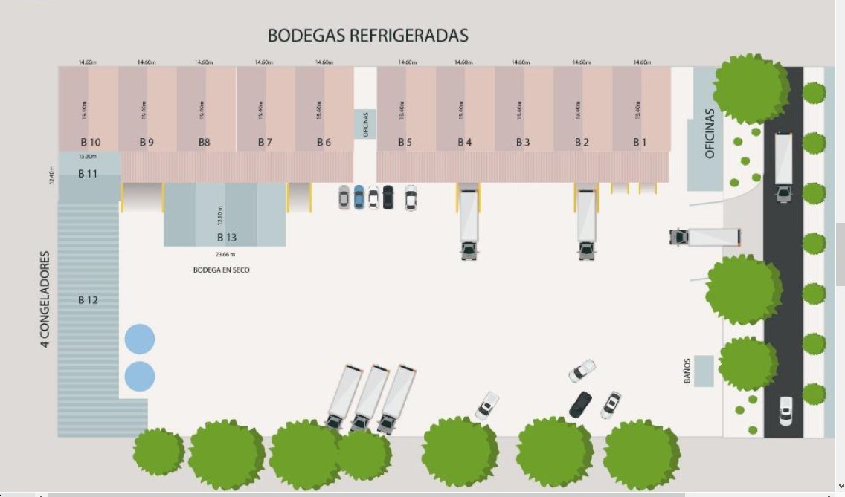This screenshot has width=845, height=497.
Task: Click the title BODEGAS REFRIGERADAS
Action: pyautogui.click(x=367, y=36)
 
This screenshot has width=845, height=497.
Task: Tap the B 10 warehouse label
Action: pyautogui.click(x=90, y=142)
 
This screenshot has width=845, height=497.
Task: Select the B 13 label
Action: pyautogui.click(x=227, y=238)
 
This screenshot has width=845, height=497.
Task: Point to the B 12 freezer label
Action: pyautogui.click(x=88, y=300)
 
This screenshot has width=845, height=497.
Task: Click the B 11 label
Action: pyautogui.click(x=88, y=174)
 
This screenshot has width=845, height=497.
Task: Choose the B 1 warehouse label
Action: pyautogui.click(x=640, y=142)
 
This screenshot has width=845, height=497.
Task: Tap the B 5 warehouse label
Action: pyautogui.click(x=405, y=142)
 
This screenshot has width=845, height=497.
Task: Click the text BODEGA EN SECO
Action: pyautogui.click(x=222, y=270)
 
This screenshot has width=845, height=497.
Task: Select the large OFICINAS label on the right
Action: pyautogui.click(x=709, y=134)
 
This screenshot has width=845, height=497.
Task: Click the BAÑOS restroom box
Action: pyautogui.click(x=703, y=371)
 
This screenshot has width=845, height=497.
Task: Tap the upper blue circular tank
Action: pyautogui.click(x=139, y=339)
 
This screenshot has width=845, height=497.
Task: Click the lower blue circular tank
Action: pyautogui.click(x=139, y=377)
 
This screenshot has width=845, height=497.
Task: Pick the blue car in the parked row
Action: pyautogui.click(x=359, y=197)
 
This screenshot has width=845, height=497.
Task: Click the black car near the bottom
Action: pyautogui.click(x=580, y=404)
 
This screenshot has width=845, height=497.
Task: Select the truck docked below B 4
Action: pyautogui.click(x=468, y=223)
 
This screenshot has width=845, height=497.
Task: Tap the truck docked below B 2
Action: pyautogui.click(x=587, y=223)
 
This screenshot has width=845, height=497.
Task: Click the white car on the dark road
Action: pyautogui.click(x=785, y=410)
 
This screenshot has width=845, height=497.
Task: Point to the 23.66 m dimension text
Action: pyautogui.click(x=225, y=254)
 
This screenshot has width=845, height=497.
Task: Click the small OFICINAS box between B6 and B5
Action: pyautogui.click(x=365, y=124)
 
